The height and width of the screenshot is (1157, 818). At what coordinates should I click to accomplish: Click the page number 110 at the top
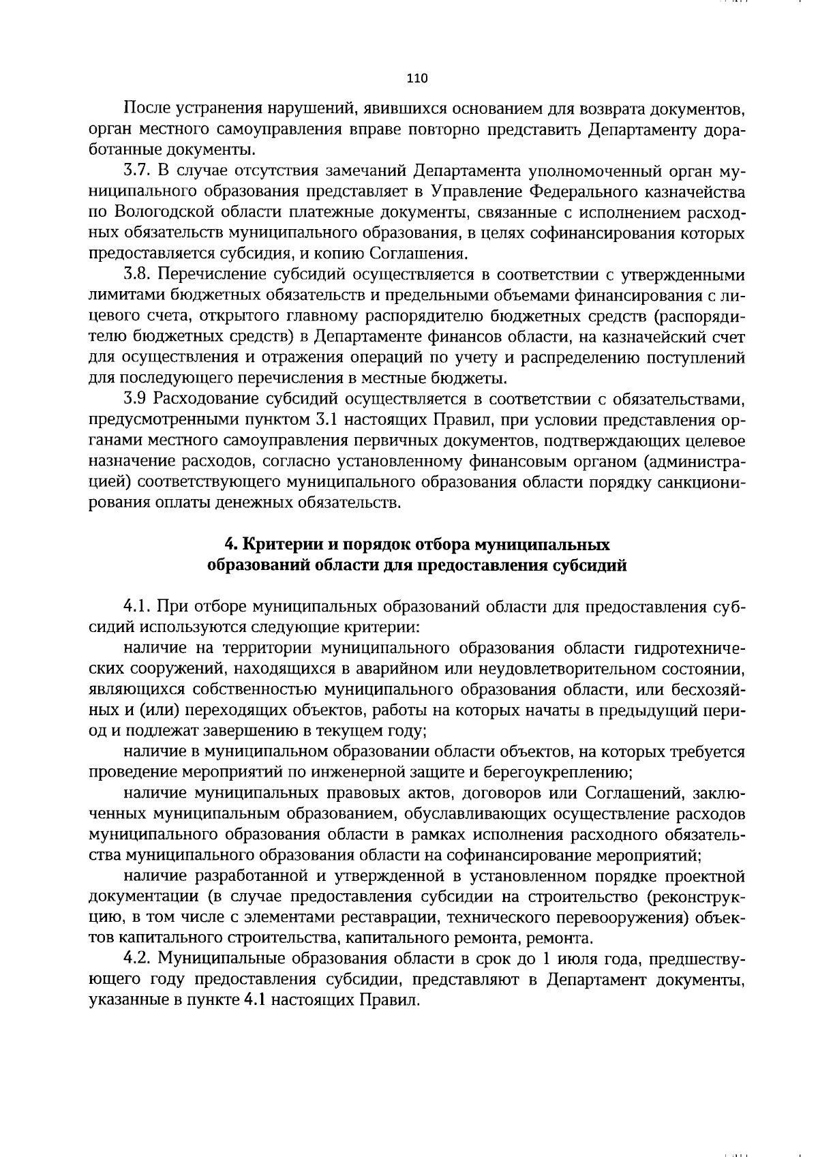[416, 78]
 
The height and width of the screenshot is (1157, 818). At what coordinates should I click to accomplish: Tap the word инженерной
[382, 773]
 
